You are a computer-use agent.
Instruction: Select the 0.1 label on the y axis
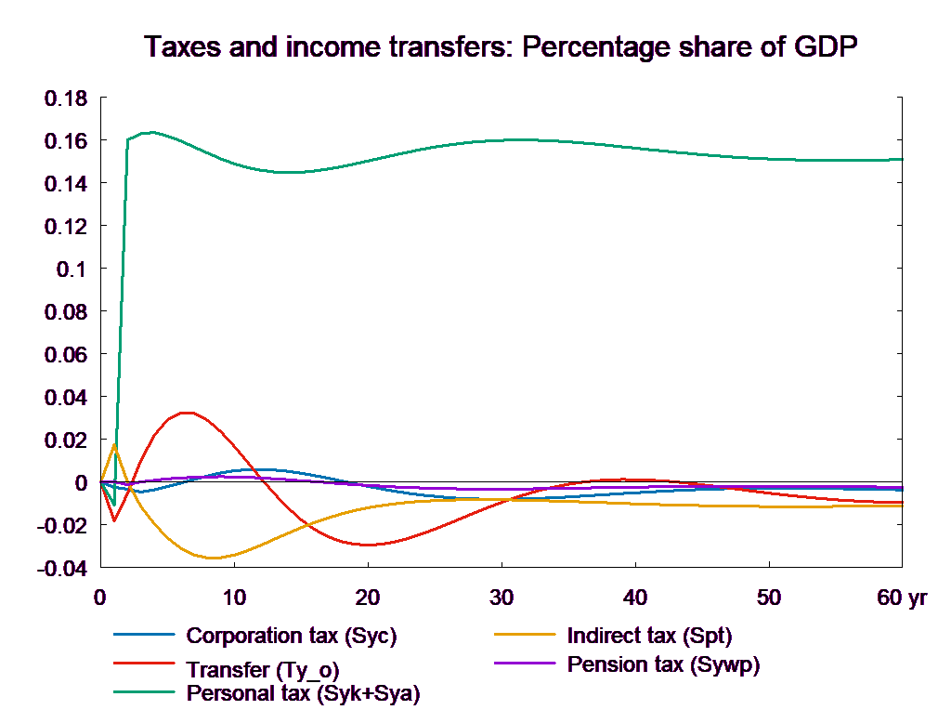71,269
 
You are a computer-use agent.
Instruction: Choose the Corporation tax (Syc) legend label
292,637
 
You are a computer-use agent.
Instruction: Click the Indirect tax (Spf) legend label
649,637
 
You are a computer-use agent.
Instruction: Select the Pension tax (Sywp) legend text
663,664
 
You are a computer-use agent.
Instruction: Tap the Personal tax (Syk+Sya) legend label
304,693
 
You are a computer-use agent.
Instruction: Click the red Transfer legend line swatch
144,664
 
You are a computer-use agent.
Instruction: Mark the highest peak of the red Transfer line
188,413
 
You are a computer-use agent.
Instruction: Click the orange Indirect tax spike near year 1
114,444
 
